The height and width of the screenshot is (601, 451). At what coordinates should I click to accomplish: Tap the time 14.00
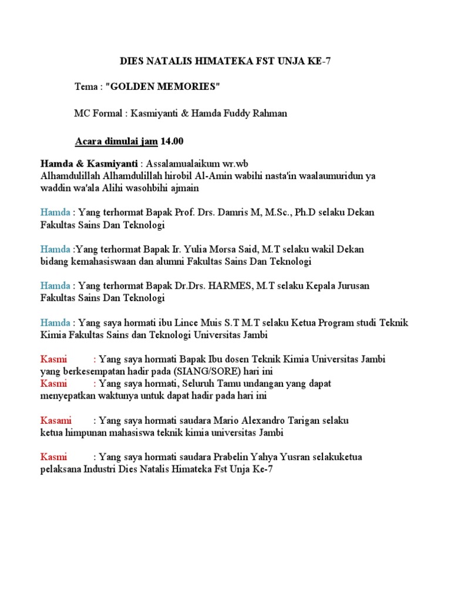coord(172,141)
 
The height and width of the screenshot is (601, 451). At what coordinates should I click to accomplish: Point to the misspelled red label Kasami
coord(56,420)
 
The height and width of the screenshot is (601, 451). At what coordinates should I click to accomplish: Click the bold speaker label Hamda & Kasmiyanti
coord(89,163)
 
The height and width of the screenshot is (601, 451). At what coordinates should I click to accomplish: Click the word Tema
coord(86,87)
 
